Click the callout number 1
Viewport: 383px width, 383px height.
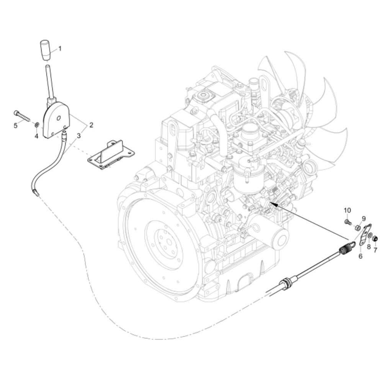pos(60,49)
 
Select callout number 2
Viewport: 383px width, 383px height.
pos(91,124)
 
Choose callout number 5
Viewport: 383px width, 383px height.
pos(16,126)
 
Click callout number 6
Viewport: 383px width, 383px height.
pos(360,256)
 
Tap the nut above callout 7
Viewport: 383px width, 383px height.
pos(375,239)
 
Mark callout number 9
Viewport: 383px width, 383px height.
pos(363,219)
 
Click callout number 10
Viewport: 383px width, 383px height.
pos(347,210)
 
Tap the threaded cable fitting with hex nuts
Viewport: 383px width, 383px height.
pos(286,283)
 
